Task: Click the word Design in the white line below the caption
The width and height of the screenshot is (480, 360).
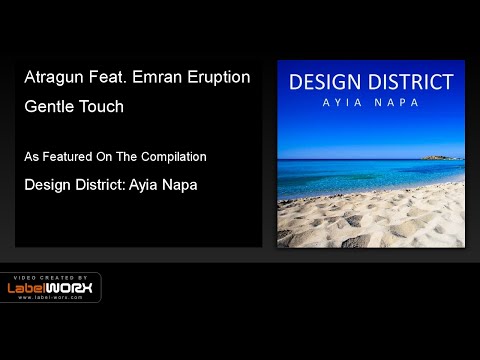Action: tap(49, 185)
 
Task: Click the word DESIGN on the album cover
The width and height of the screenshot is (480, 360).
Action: tap(327, 82)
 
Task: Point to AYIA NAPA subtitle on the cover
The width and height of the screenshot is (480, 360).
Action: tap(370, 103)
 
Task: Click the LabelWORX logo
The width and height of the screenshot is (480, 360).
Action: tap(51, 289)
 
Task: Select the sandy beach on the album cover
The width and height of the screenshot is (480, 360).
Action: tap(370, 215)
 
